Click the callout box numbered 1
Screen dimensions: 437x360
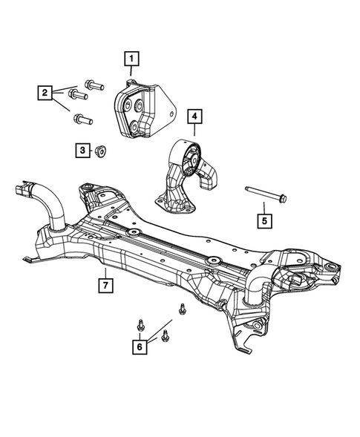131,58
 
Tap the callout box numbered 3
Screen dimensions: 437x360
82,151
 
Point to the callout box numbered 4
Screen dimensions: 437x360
193,117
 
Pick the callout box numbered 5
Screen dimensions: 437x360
264,220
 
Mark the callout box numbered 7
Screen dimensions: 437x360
106,283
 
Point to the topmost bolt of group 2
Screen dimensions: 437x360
93,84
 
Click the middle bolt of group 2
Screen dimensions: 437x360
77,95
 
